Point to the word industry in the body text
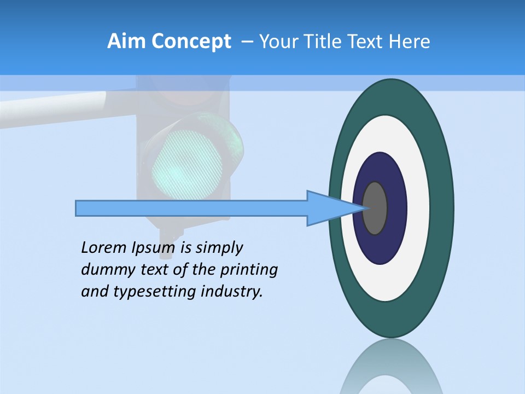coord(232,292)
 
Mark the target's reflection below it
coord(390,369)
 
